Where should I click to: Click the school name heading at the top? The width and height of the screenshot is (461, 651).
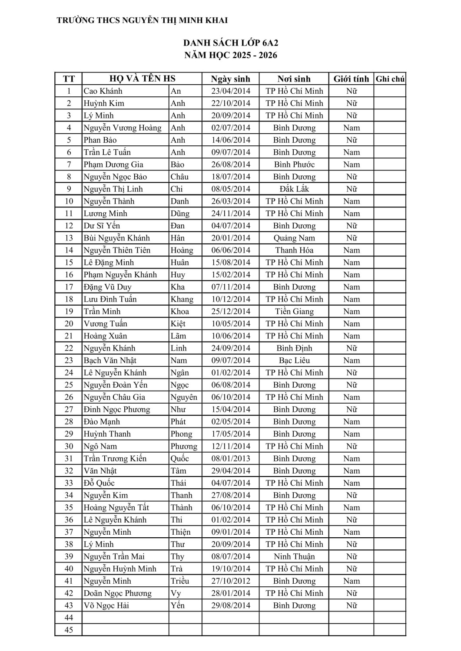pos(142,20)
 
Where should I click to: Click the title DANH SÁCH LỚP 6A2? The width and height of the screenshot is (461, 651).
pos(230,43)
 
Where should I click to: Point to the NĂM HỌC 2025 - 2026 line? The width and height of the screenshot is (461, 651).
pos(230,55)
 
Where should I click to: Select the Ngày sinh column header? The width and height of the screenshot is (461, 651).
pos(230,79)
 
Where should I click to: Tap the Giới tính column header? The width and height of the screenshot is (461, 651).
pos(351,79)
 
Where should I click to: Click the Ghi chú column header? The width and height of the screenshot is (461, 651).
pos(390,79)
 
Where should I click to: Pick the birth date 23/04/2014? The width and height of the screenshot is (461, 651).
pos(230,91)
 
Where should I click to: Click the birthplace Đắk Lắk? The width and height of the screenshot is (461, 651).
pos(294,189)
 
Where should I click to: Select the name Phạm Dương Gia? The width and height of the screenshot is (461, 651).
pos(113,164)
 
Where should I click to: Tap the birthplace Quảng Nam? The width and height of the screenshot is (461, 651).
pos(294,238)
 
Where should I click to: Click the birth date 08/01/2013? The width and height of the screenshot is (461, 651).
pos(230,459)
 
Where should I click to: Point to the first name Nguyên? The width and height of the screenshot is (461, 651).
pos(184,398)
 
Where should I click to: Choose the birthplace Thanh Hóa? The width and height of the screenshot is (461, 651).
pos(294,250)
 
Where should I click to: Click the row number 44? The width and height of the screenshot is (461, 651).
pos(69,618)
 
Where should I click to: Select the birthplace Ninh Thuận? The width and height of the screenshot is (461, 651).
pos(294,557)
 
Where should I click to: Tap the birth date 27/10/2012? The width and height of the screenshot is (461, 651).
pos(230,581)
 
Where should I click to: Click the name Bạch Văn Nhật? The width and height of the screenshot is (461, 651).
pos(110,361)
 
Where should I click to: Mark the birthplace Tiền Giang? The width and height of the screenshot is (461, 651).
pos(294,312)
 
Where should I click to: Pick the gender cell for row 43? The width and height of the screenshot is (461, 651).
pos(351,606)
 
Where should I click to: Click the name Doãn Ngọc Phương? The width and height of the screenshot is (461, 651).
pos(117,593)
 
